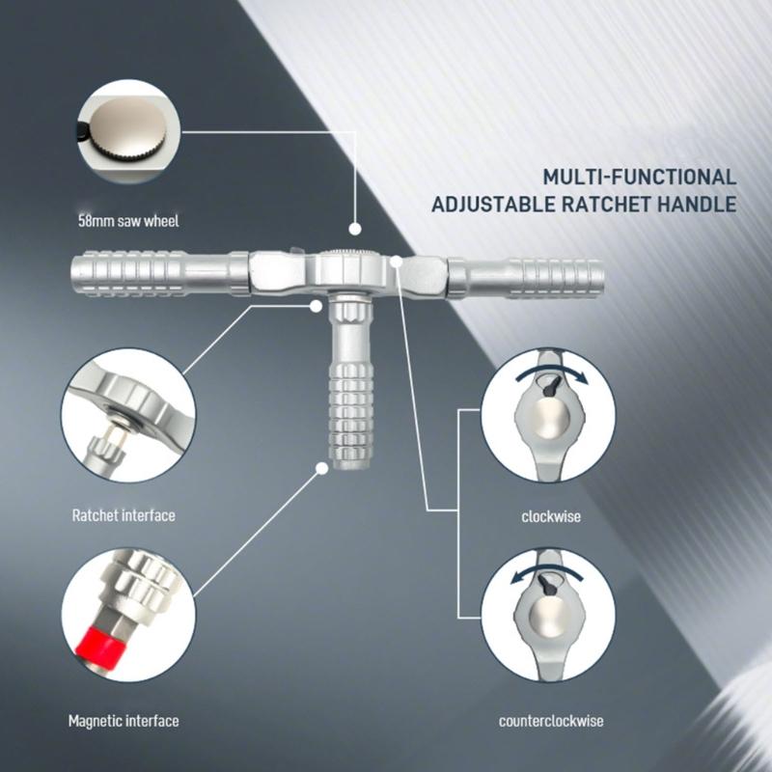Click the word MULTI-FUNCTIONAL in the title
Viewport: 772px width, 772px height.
pyautogui.click(x=640, y=177)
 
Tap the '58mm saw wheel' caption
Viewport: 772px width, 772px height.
pyautogui.click(x=128, y=221)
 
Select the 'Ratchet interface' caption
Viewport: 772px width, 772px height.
pyautogui.click(x=124, y=515)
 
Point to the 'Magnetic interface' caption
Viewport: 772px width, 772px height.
pyautogui.click(x=124, y=721)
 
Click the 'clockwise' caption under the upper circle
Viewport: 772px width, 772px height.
pyautogui.click(x=551, y=516)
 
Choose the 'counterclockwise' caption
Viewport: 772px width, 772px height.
pyautogui.click(x=551, y=721)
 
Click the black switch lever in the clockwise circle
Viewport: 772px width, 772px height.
pyautogui.click(x=551, y=385)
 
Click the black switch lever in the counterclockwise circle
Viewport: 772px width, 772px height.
pyautogui.click(x=546, y=585)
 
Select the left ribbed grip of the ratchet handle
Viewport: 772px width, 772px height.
pyautogui.click(x=129, y=273)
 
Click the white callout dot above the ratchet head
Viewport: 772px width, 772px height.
pyautogui.click(x=354, y=229)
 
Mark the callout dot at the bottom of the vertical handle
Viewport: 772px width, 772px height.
pyautogui.click(x=321, y=468)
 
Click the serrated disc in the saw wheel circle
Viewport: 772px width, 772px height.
pyautogui.click(x=130, y=129)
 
